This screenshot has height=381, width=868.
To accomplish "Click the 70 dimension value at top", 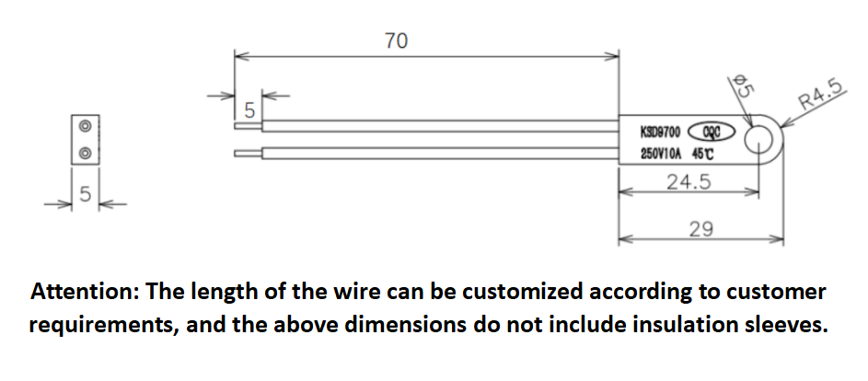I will (x=395, y=40).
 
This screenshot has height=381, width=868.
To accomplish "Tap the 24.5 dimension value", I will (x=689, y=182).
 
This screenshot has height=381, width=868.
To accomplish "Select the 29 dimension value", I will (x=700, y=227).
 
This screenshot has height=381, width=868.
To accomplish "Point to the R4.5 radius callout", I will (x=820, y=96).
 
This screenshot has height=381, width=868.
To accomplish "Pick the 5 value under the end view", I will (x=84, y=194).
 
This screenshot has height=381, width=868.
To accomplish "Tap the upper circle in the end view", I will (x=84, y=126).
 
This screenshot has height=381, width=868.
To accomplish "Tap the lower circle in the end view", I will (x=84, y=153).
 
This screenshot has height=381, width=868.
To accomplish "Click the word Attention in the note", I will (x=79, y=293).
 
